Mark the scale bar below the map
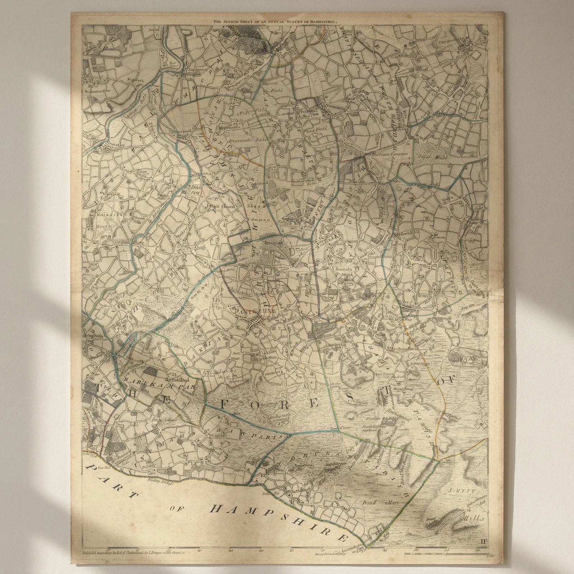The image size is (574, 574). [447, 554]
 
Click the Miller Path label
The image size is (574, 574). [248, 112]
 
